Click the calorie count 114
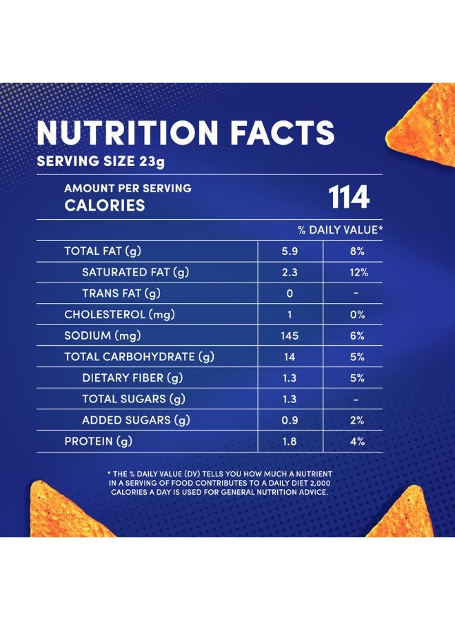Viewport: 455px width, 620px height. (x=349, y=197)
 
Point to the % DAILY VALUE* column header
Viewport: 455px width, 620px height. (x=340, y=229)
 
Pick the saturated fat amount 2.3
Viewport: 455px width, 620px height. (x=290, y=273)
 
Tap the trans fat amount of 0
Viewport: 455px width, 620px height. (x=290, y=293)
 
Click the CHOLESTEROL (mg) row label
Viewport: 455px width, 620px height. (x=119, y=315)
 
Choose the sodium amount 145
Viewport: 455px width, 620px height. (x=290, y=336)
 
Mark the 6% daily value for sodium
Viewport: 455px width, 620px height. (x=357, y=336)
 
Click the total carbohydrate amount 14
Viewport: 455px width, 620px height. (x=290, y=357)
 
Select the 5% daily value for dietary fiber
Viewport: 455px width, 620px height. (x=357, y=378)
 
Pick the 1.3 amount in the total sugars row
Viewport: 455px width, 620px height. (x=290, y=399)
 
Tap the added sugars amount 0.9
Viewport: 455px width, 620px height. (x=290, y=420)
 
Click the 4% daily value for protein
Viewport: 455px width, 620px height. (x=357, y=442)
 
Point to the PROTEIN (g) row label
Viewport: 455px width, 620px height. (x=98, y=442)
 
